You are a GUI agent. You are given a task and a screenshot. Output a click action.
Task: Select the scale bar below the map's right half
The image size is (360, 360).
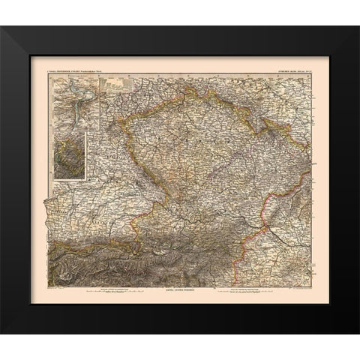[x=247, y=289]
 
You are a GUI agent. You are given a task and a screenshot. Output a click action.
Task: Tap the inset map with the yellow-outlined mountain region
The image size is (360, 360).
[x=68, y=154]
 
